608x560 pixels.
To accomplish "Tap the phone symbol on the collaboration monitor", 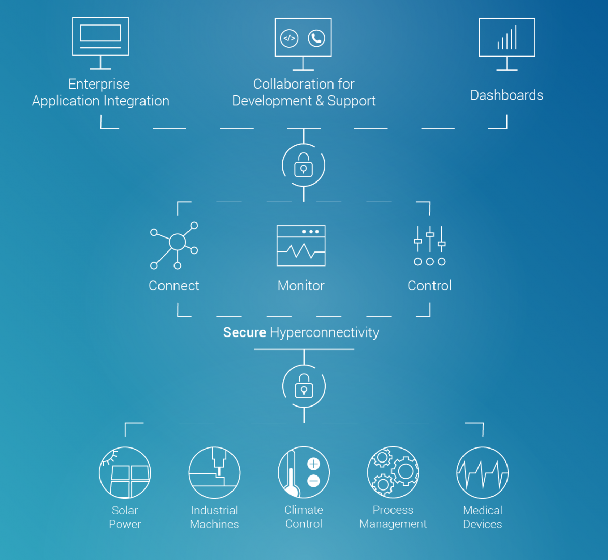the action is [x=316, y=38].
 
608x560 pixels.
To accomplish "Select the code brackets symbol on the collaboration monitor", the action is [x=289, y=38].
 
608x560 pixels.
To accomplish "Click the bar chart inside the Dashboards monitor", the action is [x=507, y=37].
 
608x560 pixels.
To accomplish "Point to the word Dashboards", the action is [x=507, y=95].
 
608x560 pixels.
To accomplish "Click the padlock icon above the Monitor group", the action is [x=303, y=165].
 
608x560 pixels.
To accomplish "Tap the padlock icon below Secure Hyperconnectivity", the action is [x=304, y=386].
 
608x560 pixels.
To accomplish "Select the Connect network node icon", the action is [x=174, y=245].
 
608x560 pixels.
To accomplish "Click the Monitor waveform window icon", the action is [x=301, y=245].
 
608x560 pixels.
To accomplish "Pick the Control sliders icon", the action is [x=430, y=246].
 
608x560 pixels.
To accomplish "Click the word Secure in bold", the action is [x=244, y=332].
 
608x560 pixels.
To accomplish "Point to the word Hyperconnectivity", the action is [x=325, y=333].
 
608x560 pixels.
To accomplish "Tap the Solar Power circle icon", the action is [x=125, y=472].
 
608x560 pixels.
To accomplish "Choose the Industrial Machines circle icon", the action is [x=214, y=472].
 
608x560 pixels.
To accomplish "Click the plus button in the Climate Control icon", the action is [x=313, y=464].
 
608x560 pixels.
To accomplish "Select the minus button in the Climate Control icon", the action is [x=313, y=481].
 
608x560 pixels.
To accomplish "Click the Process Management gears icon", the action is [x=393, y=472].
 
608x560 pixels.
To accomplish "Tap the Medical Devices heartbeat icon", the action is [x=482, y=472].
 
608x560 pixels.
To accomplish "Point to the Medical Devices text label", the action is [x=482, y=517].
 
